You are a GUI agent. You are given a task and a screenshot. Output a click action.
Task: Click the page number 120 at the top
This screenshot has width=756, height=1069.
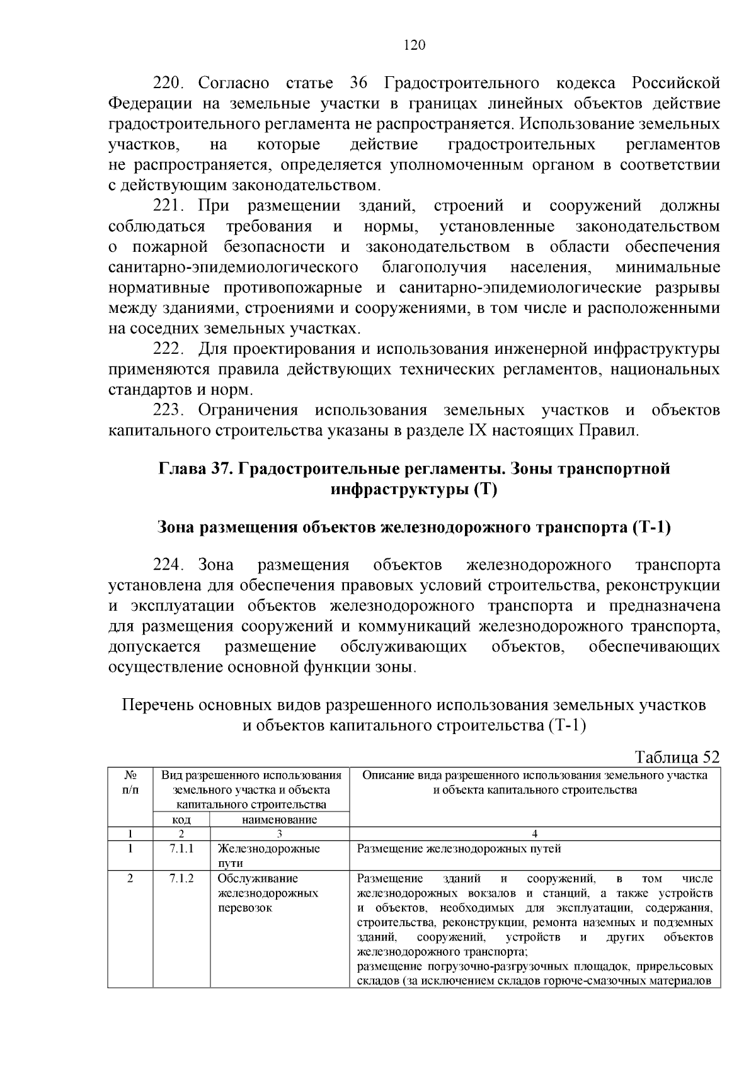coord(415,45)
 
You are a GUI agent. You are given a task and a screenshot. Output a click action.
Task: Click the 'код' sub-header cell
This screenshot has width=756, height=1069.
coord(181,820)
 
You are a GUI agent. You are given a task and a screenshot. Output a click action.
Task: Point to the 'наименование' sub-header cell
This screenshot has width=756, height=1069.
coord(279,820)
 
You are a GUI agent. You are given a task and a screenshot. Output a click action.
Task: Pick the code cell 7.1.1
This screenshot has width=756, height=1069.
coord(181,849)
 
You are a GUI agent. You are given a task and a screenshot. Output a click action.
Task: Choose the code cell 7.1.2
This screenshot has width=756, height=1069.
coord(181,878)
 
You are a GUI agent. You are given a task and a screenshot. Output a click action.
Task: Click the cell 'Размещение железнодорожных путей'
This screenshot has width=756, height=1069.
coord(459,849)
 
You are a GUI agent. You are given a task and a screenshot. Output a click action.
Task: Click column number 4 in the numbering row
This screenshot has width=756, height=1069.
coord(534,834)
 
